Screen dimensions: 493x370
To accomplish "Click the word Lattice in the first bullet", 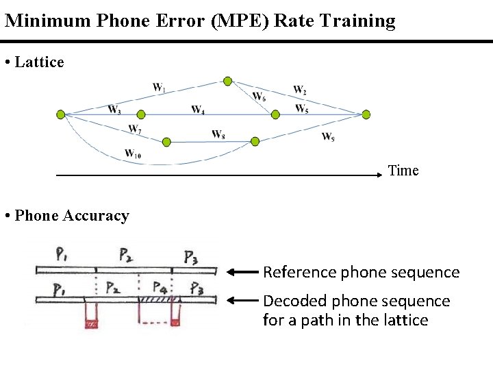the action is pyautogui.click(x=39, y=62).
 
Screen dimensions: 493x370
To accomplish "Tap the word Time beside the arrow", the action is pyautogui.click(x=403, y=171).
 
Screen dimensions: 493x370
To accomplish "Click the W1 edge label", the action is pyautogui.click(x=159, y=87).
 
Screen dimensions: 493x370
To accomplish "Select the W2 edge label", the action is pyautogui.click(x=300, y=90).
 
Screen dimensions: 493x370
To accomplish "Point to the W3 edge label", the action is pyautogui.click(x=114, y=109).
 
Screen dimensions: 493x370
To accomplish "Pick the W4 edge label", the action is pyautogui.click(x=198, y=110).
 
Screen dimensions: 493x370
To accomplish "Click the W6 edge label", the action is pyautogui.click(x=259, y=97).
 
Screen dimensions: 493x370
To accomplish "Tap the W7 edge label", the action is pyautogui.click(x=135, y=129).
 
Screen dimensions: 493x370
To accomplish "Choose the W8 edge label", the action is pyautogui.click(x=218, y=134).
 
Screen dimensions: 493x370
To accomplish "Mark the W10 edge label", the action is pyautogui.click(x=133, y=153).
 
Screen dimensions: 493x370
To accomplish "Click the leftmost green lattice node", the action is pyautogui.click(x=60, y=114).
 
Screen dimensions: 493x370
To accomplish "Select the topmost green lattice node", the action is pyautogui.click(x=227, y=82).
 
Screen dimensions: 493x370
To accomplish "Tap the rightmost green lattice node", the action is pyautogui.click(x=366, y=114).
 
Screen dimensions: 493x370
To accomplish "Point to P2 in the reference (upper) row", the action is pyautogui.click(x=126, y=256).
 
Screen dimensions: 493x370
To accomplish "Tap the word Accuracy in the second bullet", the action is pyautogui.click(x=96, y=216).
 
